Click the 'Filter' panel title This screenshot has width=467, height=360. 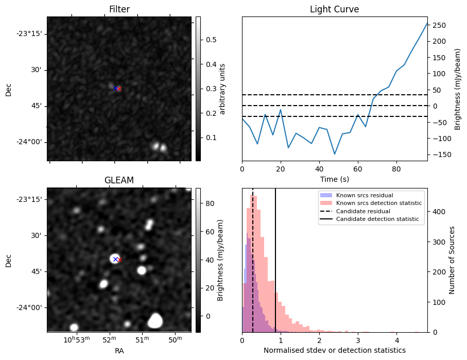pyautogui.click(x=119, y=9)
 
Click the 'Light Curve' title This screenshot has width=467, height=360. pyautogui.click(x=334, y=9)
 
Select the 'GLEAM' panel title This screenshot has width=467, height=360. pyautogui.click(x=119, y=180)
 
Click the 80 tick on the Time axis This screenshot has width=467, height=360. pyautogui.click(x=396, y=168)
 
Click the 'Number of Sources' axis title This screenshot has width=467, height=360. pyautogui.click(x=453, y=260)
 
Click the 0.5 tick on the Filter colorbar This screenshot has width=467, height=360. pyautogui.click(x=211, y=40)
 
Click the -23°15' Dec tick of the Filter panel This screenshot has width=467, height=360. pyautogui.click(x=29, y=33)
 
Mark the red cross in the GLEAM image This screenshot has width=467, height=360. pyautogui.click(x=119, y=260)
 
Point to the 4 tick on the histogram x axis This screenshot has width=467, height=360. pyautogui.click(x=397, y=340)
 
